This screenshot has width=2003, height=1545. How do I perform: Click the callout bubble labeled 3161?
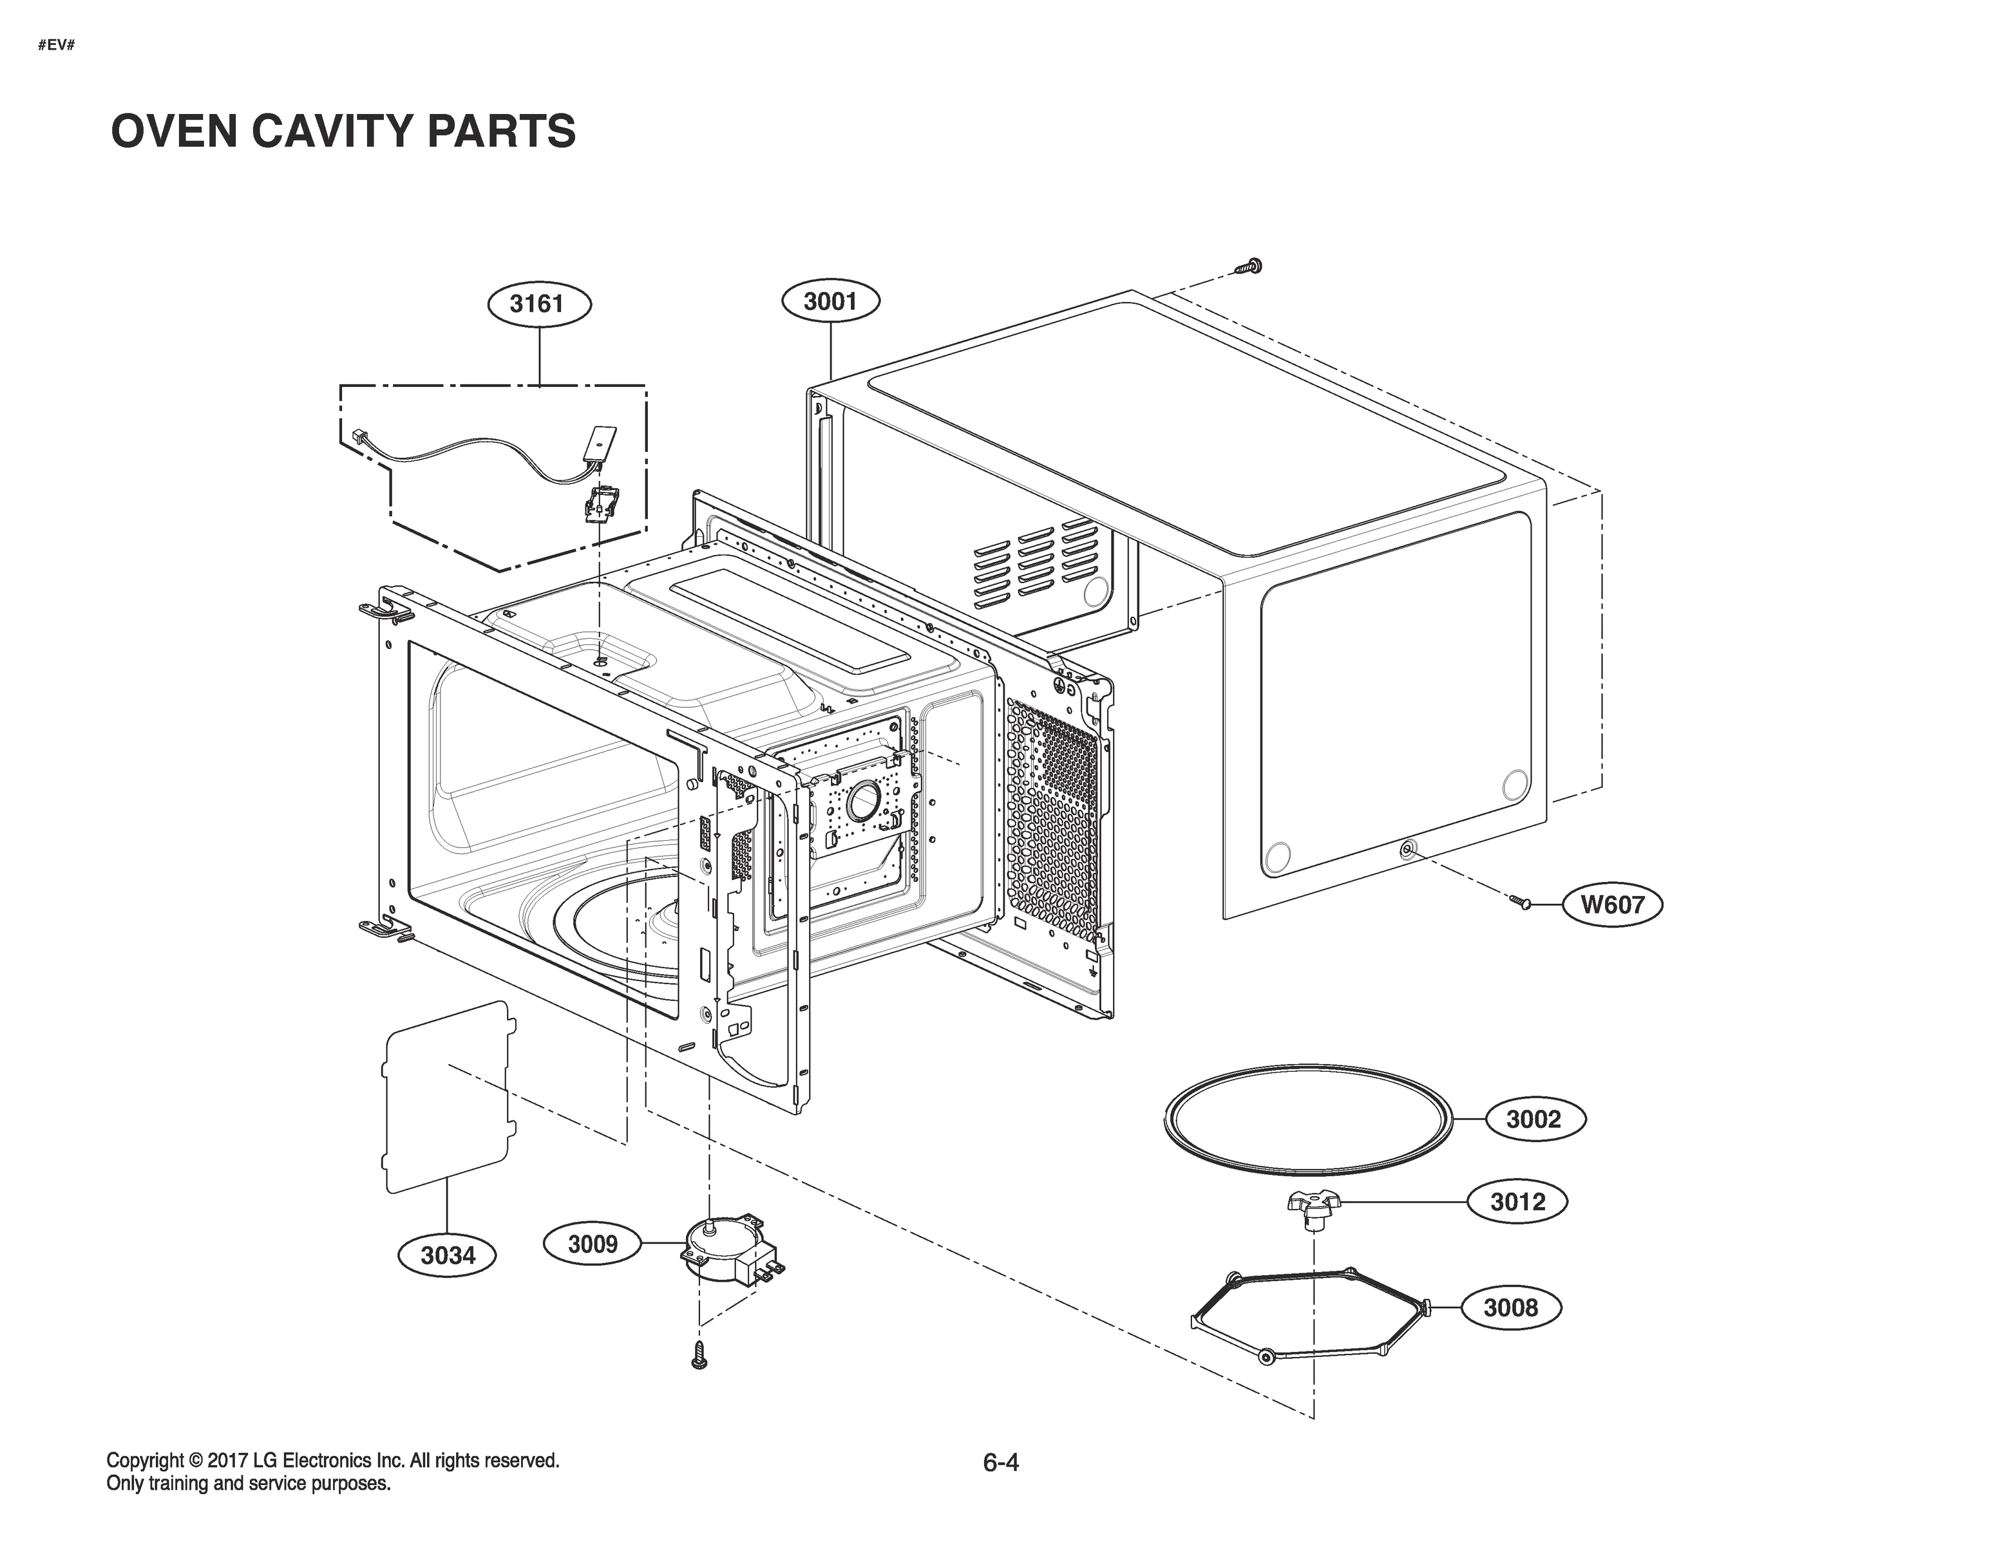click(537, 303)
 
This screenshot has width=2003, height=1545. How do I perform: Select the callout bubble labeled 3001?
click(831, 301)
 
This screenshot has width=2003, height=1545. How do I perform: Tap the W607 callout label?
click(1612, 904)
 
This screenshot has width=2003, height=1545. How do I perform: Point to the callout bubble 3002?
click(1533, 1119)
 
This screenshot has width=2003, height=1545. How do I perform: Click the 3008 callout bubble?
click(1510, 1307)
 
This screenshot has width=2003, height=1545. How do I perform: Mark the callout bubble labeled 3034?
click(448, 1255)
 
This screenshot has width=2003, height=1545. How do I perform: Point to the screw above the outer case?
click(1248, 266)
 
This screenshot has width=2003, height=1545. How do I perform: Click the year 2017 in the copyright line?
click(229, 1460)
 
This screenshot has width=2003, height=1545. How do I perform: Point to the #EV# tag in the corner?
click(56, 45)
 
